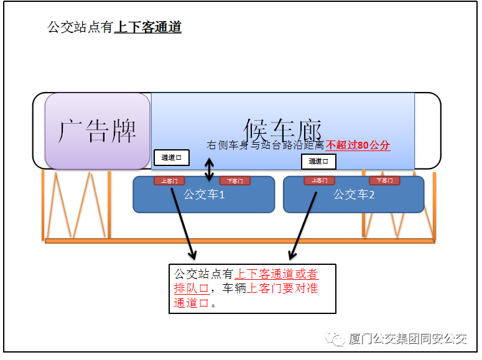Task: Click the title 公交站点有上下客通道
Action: tap(114, 27)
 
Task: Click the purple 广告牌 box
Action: tap(97, 131)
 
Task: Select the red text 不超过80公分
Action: tap(358, 145)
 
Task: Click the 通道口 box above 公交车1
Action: tap(171, 158)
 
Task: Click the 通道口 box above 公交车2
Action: tap(318, 162)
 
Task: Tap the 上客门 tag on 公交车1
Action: tap(169, 181)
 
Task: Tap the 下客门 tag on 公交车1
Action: tap(234, 181)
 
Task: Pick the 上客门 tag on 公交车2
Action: tap(319, 181)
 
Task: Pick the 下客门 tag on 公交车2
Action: tap(384, 181)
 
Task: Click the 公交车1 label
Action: tap(204, 195)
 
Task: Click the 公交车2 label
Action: tap(354, 195)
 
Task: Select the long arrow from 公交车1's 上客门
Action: tap(182, 224)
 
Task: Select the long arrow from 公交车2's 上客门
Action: tap(304, 224)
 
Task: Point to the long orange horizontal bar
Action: tap(239, 241)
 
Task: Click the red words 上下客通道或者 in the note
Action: tap(276, 274)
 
